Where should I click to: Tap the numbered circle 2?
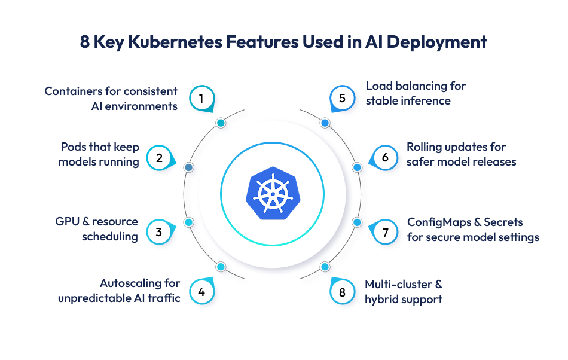click(159, 158)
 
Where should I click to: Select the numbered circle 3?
click(159, 231)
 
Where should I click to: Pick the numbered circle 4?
click(201, 292)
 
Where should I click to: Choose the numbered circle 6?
click(385, 158)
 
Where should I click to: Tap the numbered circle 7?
click(385, 231)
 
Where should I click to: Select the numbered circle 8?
click(343, 292)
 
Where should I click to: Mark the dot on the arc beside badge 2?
click(188, 167)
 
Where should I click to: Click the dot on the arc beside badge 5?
click(325, 123)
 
